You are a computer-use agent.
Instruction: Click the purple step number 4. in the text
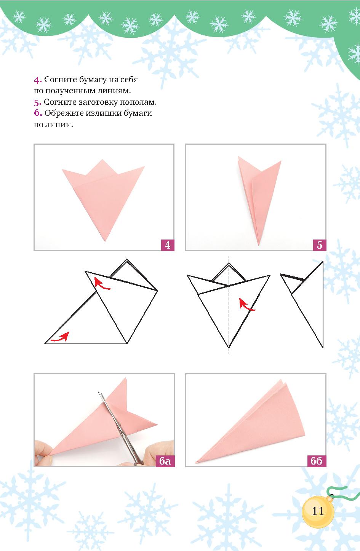coord(38,80)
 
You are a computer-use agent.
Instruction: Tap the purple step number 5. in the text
coord(38,102)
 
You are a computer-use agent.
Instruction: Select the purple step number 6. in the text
coord(38,113)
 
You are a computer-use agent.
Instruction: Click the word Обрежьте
coord(64,113)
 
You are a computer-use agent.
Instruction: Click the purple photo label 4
coord(168,245)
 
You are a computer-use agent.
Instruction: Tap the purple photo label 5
coord(319,245)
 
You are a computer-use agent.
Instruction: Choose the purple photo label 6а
coord(165,461)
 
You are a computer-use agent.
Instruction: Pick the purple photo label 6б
coord(317,461)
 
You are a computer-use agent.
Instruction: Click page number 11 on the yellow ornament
coord(318,511)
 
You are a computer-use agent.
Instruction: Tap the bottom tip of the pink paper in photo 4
coord(105,241)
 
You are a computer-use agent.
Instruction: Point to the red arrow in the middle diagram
coord(247,305)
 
